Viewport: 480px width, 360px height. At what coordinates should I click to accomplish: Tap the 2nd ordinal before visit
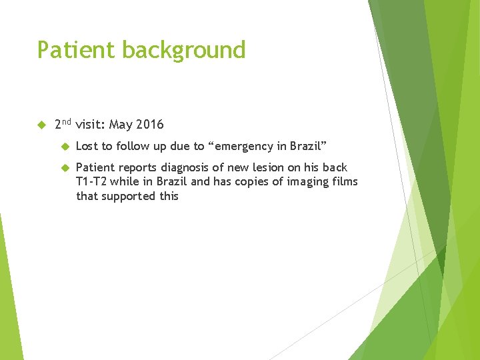(x=63, y=124)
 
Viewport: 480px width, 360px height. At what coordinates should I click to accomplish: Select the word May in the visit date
(x=121, y=125)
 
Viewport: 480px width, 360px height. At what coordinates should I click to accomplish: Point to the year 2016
(x=150, y=125)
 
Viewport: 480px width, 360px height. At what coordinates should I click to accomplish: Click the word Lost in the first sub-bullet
(x=87, y=146)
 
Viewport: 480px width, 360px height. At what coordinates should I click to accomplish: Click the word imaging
(x=316, y=182)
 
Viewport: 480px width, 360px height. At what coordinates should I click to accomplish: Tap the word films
(x=347, y=182)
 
